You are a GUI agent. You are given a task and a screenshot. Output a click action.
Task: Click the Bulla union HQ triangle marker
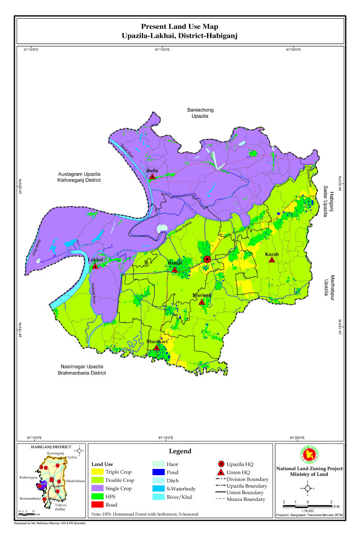153,176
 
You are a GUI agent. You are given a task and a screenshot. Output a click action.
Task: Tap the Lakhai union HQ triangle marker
95,266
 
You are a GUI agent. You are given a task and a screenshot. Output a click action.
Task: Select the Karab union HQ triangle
272,260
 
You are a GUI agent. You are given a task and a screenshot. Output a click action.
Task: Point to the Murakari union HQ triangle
157,347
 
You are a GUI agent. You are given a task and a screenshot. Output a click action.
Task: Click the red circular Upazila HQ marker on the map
207,259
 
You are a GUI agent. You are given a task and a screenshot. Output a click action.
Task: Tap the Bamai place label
175,262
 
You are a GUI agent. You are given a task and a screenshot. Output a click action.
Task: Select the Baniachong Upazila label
201,113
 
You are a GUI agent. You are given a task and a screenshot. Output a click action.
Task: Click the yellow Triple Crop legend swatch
98,472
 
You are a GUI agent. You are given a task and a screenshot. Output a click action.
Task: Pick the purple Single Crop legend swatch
98,489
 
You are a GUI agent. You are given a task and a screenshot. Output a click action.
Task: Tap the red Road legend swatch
98,505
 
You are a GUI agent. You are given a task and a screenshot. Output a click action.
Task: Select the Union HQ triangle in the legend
220,472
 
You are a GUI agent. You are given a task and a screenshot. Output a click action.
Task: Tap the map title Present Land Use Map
180,27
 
